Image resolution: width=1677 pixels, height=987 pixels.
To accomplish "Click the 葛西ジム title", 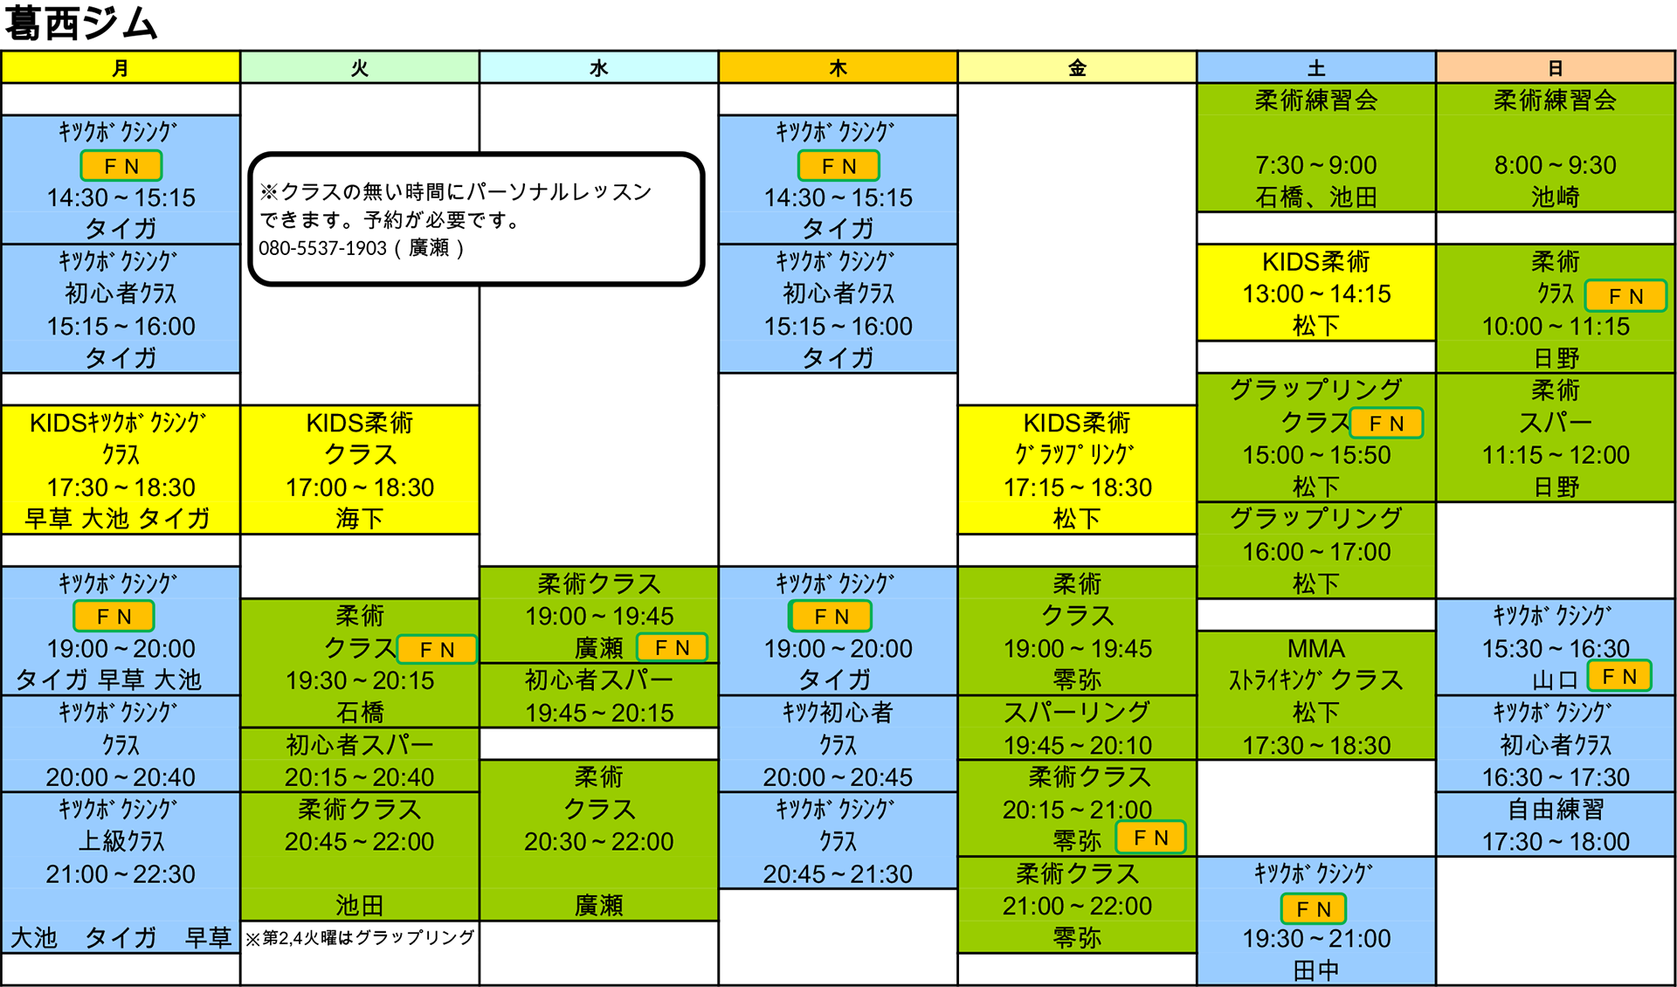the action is tap(81, 24).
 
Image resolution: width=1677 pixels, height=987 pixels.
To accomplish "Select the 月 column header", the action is tap(121, 67).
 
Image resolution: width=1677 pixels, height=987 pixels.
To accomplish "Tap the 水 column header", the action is tap(598, 67).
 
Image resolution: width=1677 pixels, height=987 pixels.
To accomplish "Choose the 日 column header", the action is tap(1556, 67).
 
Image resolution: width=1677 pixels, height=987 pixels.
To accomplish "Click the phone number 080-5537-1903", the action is tap(322, 248).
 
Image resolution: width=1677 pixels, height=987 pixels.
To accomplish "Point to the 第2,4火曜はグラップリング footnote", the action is tap(360, 937).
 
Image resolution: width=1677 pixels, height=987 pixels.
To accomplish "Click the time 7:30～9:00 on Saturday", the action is tap(1316, 165).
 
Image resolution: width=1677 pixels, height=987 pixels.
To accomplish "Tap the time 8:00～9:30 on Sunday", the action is tap(1556, 165).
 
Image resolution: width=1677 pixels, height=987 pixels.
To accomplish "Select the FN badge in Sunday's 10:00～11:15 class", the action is tap(1625, 296).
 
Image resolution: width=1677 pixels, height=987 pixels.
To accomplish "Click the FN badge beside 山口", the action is tap(1619, 676).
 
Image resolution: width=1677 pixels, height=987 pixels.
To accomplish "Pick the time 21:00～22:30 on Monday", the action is tap(121, 874).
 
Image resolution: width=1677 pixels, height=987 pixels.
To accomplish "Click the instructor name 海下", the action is tap(360, 519).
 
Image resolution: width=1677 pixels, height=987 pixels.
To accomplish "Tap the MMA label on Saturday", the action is tap(1316, 649).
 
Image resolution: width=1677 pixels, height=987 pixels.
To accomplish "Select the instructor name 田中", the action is tap(1316, 970).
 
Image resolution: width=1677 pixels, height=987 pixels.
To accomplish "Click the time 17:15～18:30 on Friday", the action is tap(1077, 487).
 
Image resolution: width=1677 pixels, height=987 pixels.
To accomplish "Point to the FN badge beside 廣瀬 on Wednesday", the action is tap(672, 647).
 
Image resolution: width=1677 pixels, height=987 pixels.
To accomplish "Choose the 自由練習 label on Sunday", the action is tap(1556, 810).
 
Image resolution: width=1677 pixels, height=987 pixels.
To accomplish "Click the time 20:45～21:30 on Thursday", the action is tap(838, 874).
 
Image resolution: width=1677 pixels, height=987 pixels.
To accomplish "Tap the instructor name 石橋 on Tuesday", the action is tap(360, 713).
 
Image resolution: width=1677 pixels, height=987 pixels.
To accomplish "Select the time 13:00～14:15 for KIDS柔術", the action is tap(1316, 294).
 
